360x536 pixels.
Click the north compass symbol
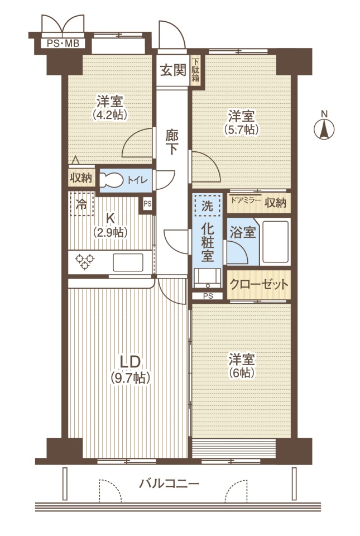click(324, 129)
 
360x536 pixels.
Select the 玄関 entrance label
click(173, 70)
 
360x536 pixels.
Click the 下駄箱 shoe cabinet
click(195, 71)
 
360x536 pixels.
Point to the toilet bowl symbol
click(112, 180)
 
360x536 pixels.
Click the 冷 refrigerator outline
click(81, 204)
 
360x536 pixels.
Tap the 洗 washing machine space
click(207, 206)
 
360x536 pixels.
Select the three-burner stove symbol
click(85, 262)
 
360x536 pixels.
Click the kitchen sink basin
click(128, 262)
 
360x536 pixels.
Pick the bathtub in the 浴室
click(275, 242)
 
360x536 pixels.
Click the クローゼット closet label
click(259, 284)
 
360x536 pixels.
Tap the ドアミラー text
click(246, 200)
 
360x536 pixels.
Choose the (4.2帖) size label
click(110, 114)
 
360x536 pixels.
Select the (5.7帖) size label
click(241, 129)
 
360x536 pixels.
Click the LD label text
click(130, 361)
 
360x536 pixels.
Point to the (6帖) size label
click(242, 372)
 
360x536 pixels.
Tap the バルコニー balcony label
click(169, 484)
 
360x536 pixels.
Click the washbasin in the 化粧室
click(207, 277)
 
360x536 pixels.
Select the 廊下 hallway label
click(172, 142)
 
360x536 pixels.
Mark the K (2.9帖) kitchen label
click(110, 225)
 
